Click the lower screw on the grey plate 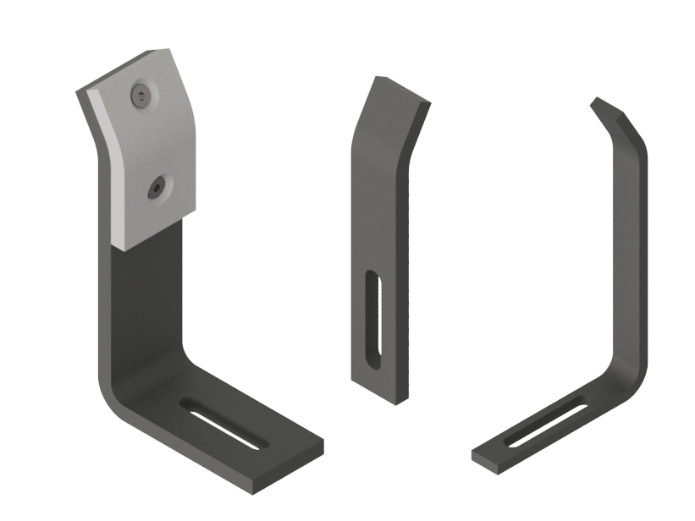click(157, 189)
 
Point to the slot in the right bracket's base click(547, 423)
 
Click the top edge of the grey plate click(127, 69)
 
